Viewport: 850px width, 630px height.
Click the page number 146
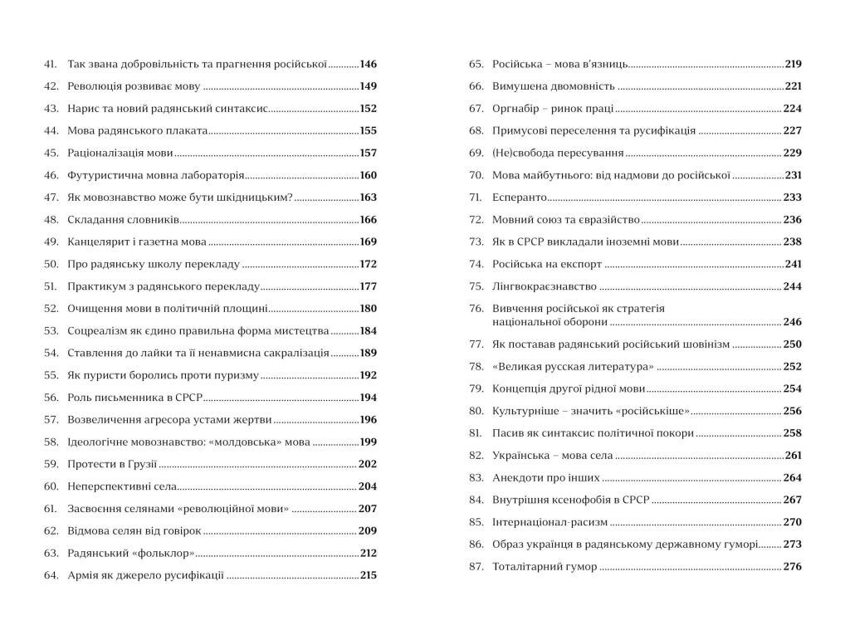[368, 64]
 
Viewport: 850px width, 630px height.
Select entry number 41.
[50, 64]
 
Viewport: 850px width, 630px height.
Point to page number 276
[793, 567]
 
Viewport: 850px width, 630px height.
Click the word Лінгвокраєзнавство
[545, 286]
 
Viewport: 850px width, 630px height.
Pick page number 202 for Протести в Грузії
[367, 464]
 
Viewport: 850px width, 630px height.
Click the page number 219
[794, 64]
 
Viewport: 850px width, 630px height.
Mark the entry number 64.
[50, 575]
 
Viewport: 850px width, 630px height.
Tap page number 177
[368, 286]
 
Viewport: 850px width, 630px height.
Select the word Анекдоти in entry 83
[518, 478]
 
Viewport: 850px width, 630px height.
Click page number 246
[793, 322]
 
